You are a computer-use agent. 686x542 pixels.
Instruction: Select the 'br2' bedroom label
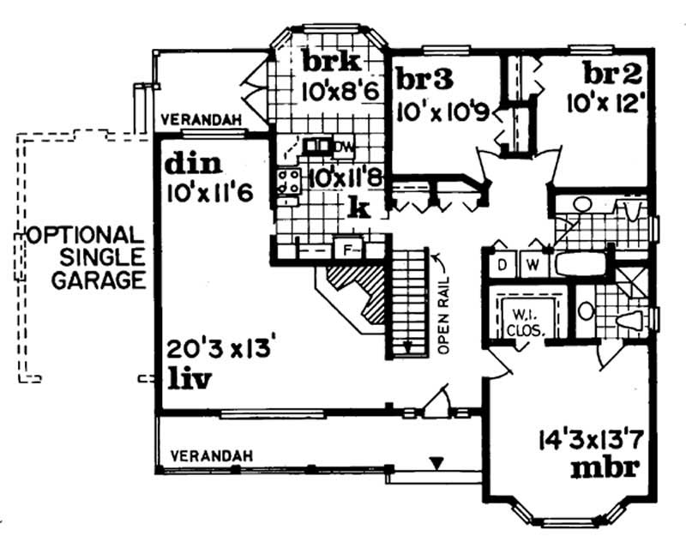pos(608,73)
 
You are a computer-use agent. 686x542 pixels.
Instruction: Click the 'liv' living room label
pos(189,377)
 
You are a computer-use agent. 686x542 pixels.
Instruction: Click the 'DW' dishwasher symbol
pos(342,145)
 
